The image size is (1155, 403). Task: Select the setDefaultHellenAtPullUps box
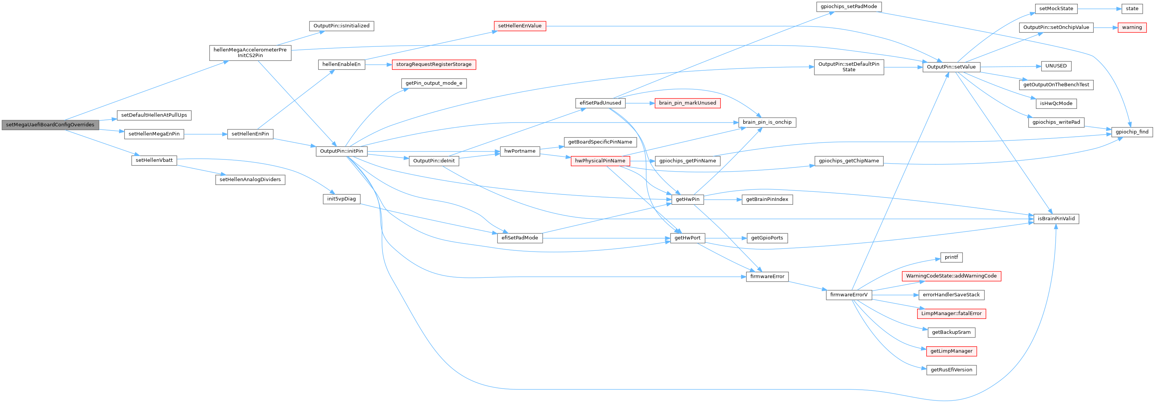coord(154,115)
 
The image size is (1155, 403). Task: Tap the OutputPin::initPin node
coord(341,151)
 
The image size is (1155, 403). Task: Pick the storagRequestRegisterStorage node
coord(433,65)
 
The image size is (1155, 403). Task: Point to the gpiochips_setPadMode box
coord(848,7)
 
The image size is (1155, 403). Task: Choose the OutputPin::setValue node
coord(951,67)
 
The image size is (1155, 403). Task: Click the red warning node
coord(1132,27)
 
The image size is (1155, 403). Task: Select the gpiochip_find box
coord(1132,132)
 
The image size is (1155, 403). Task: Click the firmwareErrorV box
coord(848,295)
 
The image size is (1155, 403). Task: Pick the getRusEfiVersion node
coord(951,370)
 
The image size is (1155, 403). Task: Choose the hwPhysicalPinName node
coord(600,161)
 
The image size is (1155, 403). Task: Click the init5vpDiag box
coord(341,199)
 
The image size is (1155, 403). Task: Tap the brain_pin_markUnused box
coord(687,103)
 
